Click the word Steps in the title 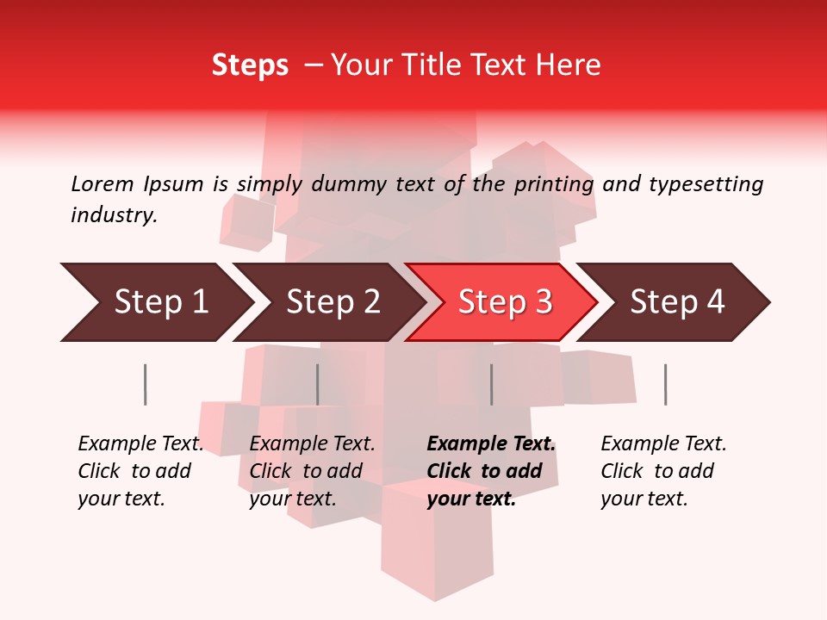(250, 65)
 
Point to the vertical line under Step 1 (146, 384)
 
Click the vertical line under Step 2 (318, 384)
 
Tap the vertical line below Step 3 (492, 384)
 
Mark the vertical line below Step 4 (665, 384)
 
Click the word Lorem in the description (103, 184)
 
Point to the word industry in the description (114, 215)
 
